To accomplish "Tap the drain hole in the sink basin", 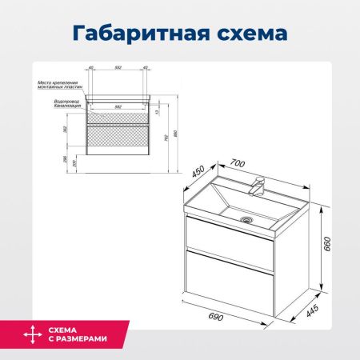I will pos(246,216).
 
